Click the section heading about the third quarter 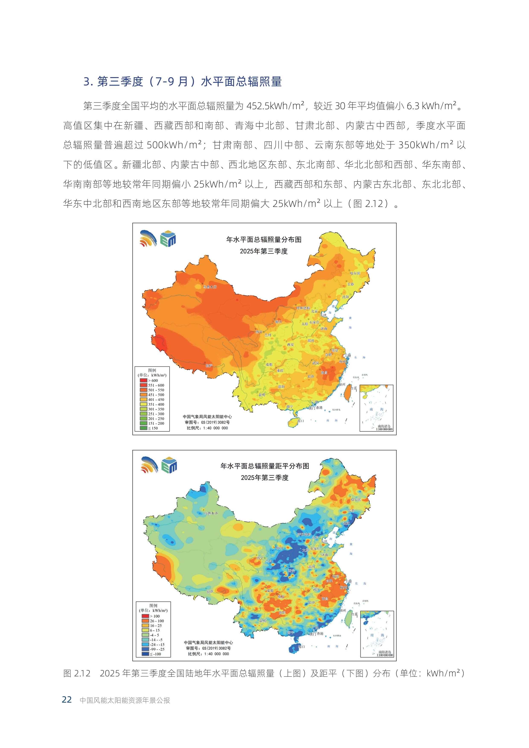(182, 81)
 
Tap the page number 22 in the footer (67, 700)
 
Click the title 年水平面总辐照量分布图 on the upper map (264, 240)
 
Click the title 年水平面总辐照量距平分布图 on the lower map (264, 466)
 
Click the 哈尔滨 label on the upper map (355, 273)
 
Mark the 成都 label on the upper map (269, 365)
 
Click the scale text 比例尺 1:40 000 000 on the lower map (208, 654)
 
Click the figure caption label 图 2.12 (77, 673)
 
